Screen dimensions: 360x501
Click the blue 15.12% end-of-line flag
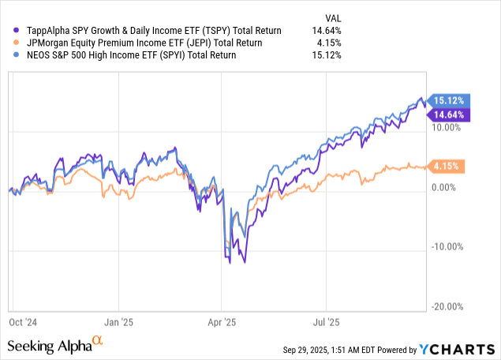coord(448,100)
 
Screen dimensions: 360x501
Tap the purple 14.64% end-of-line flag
coord(448,115)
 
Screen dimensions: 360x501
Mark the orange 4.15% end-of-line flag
coord(448,166)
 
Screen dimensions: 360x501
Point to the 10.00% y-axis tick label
coord(447,127)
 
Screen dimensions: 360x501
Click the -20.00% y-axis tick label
coord(446,306)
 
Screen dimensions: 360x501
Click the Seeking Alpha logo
coord(54,346)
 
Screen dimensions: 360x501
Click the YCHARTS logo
coord(461,349)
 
